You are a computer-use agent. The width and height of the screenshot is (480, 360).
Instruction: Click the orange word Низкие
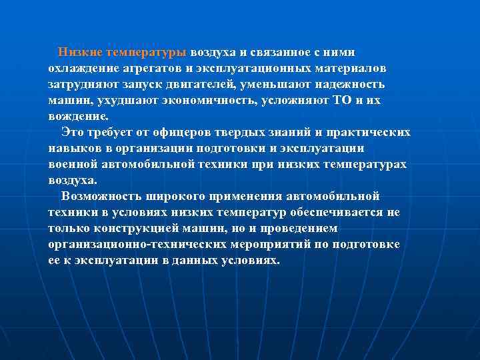(x=79, y=52)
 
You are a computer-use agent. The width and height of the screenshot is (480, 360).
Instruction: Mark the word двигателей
(x=205, y=85)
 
